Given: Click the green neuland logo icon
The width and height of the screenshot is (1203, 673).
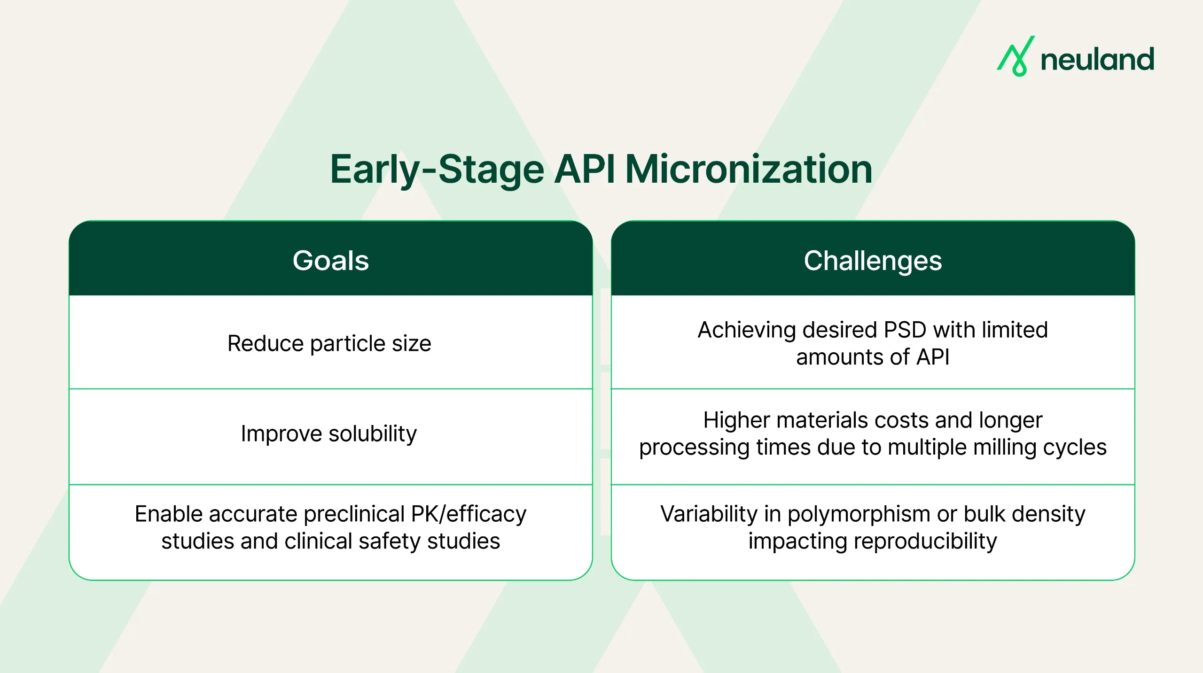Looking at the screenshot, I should click(1016, 57).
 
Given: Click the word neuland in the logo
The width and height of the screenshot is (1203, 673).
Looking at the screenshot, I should click(1097, 60).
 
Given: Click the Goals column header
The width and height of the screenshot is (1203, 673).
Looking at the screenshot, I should click(330, 260).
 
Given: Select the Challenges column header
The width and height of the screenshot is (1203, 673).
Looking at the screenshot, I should click(873, 260).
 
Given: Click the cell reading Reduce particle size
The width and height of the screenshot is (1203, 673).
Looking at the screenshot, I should click(329, 343).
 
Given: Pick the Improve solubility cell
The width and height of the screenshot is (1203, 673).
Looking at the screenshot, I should click(329, 433).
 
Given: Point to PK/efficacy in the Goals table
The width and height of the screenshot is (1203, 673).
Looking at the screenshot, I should click(469, 514).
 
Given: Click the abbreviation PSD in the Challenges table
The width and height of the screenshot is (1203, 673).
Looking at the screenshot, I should click(905, 330).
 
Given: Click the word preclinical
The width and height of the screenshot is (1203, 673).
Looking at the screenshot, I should click(354, 514).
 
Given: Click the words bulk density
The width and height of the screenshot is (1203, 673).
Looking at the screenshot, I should click(1024, 514).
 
